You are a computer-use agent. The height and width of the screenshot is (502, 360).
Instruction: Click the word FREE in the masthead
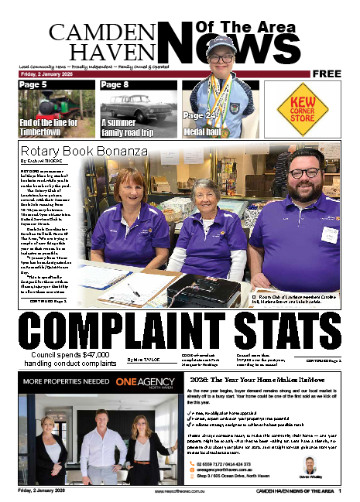(328, 73)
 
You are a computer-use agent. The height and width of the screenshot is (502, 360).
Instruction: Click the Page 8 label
(115, 84)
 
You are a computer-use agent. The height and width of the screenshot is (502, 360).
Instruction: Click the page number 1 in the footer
(350, 490)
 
